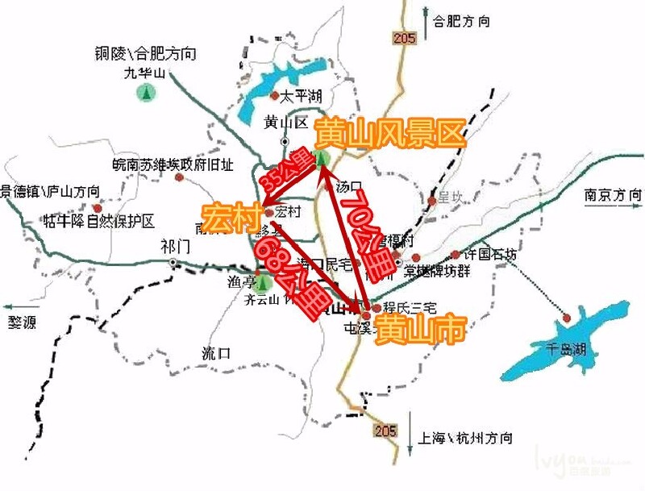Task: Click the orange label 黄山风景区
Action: (x=392, y=133)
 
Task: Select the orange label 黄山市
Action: (x=421, y=329)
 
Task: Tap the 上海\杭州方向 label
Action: (x=464, y=439)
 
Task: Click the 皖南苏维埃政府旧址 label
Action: (x=173, y=164)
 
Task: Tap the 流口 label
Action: (x=217, y=353)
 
